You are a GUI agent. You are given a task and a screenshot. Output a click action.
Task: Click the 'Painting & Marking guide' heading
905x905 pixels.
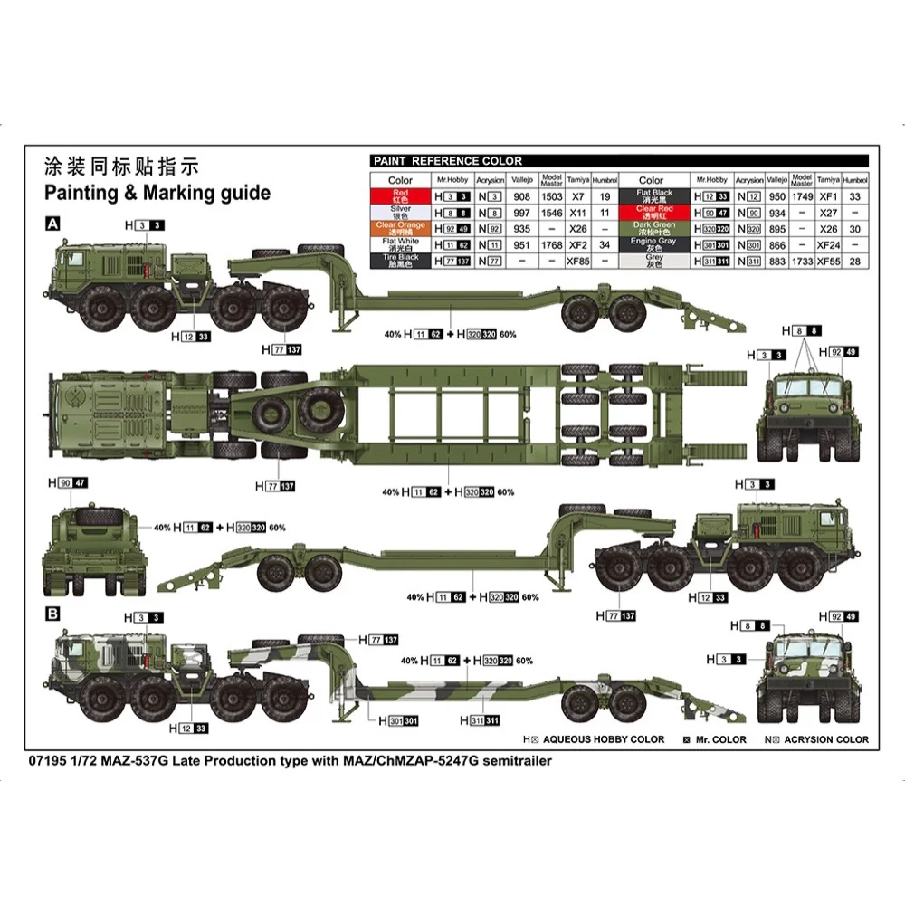(x=157, y=193)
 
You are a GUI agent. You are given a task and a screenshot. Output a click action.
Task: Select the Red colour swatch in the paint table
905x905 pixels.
(x=400, y=195)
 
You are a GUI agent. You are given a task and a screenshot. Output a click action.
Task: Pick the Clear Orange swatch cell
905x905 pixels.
(x=400, y=228)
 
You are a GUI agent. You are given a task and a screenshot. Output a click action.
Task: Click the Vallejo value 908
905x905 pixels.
(x=522, y=196)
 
